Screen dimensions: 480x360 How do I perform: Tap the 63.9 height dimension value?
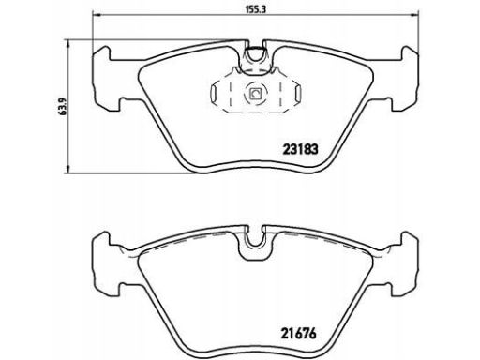click(x=62, y=106)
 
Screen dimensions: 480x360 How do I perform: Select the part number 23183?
click(x=300, y=149)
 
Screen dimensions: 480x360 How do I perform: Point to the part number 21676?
click(x=299, y=333)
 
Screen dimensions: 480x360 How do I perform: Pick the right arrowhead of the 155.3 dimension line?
click(x=414, y=14)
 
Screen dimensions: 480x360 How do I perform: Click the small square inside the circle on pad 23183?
click(x=256, y=94)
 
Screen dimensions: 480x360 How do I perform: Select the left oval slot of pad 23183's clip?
click(x=215, y=94)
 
